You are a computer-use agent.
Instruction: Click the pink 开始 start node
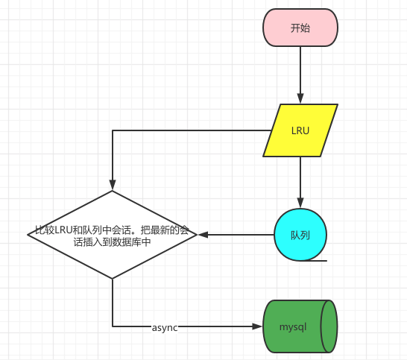[x=300, y=28]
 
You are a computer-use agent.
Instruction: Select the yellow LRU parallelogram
[x=300, y=130]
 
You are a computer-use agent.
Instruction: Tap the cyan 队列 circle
[x=300, y=235]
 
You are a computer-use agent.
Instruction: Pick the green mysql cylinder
[x=300, y=326]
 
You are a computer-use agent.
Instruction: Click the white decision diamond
[x=112, y=235]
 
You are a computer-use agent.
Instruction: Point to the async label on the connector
[x=165, y=327]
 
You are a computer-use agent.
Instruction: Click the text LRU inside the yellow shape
[x=300, y=130]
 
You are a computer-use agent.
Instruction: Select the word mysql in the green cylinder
[x=293, y=326]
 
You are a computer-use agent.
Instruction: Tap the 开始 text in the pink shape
[x=300, y=28]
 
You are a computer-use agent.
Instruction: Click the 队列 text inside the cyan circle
[x=300, y=235]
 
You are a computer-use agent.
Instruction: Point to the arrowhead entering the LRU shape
[x=300, y=98]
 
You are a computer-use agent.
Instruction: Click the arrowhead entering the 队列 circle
[x=300, y=203]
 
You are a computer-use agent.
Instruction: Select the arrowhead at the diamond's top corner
[x=112, y=185]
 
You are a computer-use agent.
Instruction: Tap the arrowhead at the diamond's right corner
[x=203, y=235]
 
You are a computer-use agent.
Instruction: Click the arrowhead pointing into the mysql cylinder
[x=257, y=326]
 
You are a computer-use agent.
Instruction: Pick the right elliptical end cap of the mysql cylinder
[x=329, y=326]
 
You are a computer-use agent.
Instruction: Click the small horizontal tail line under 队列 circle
[x=314, y=260]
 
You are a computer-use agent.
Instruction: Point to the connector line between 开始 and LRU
[x=300, y=70]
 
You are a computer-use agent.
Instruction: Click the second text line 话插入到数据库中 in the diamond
[x=112, y=242]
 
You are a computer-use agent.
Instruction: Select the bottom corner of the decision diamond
[x=112, y=279]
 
